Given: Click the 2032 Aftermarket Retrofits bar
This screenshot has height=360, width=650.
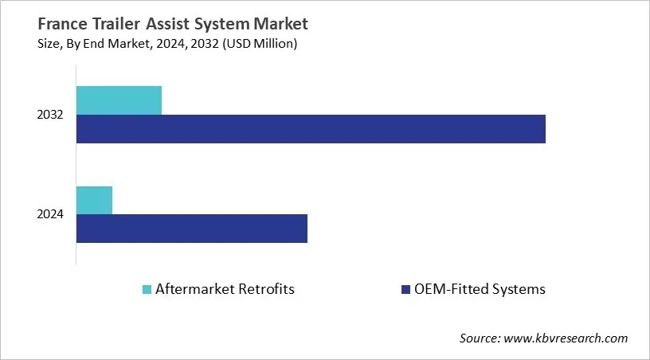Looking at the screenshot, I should [x=119, y=100].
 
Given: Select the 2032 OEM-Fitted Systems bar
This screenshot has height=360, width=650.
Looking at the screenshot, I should [x=311, y=129].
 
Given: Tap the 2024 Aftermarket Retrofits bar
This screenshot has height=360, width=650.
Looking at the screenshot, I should [x=94, y=200].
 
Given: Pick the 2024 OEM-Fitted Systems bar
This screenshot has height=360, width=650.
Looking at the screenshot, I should [x=191, y=229].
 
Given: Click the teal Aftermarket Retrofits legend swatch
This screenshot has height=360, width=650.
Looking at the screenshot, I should [x=147, y=289].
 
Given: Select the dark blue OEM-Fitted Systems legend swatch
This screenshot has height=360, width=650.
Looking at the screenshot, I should [x=405, y=289].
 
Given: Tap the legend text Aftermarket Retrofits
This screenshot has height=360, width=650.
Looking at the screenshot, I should [x=225, y=289].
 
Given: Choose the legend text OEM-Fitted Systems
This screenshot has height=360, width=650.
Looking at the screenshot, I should [x=480, y=289].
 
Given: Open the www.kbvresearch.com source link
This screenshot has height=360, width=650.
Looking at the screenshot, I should [x=566, y=338].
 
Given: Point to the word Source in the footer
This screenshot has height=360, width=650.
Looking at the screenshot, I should [x=480, y=338].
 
